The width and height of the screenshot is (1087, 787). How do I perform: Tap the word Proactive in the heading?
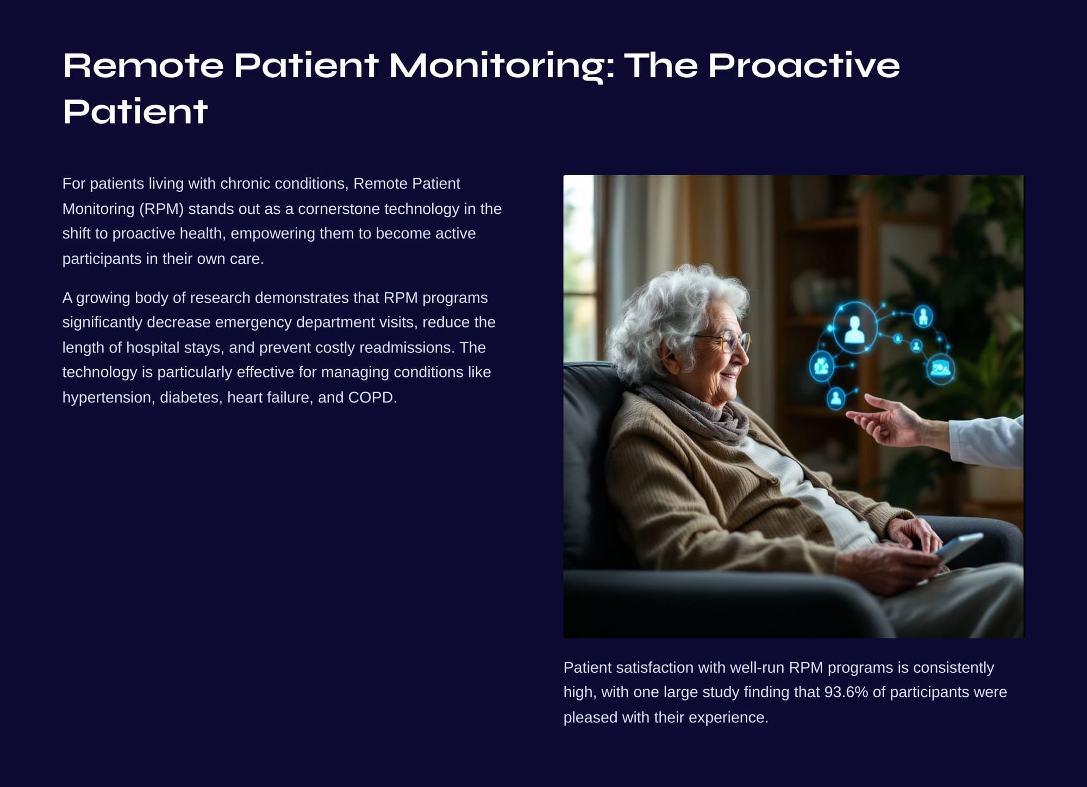pyautogui.click(x=804, y=66)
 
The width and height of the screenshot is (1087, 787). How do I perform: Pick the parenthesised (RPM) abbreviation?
pyautogui.click(x=161, y=209)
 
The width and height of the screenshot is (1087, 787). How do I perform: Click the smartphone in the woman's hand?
pyautogui.click(x=959, y=547)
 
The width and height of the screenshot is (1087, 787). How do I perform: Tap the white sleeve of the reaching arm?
pyautogui.click(x=986, y=441)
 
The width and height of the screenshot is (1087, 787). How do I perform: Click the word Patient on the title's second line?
pyautogui.click(x=135, y=111)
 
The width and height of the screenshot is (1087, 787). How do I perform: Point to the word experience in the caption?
pyautogui.click(x=728, y=718)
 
